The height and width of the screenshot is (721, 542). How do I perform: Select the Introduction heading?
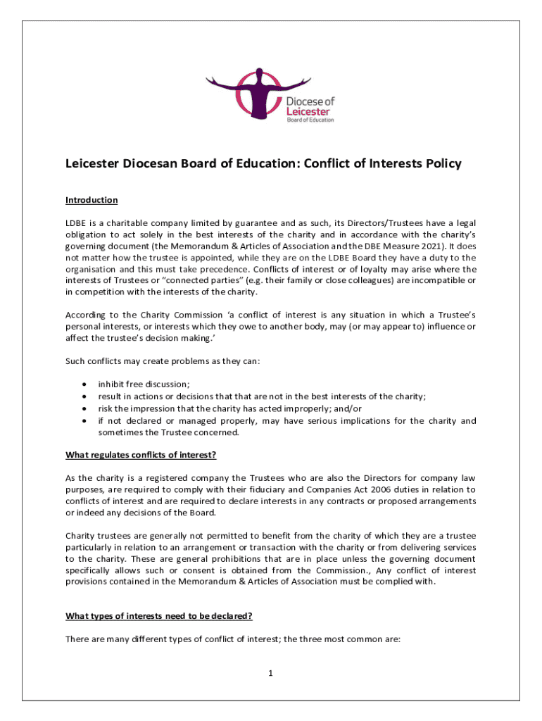pos(92,200)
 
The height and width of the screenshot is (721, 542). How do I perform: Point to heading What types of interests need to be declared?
pos(159,616)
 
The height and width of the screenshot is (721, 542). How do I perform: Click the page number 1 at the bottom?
pos(270,673)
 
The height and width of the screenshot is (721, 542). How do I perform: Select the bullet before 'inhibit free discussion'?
pos(85,384)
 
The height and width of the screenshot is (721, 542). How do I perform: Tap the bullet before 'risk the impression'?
pos(85,409)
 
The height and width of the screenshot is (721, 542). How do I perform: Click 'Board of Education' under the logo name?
pos(310,120)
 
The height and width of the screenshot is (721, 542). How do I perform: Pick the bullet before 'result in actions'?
pos(85,396)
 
